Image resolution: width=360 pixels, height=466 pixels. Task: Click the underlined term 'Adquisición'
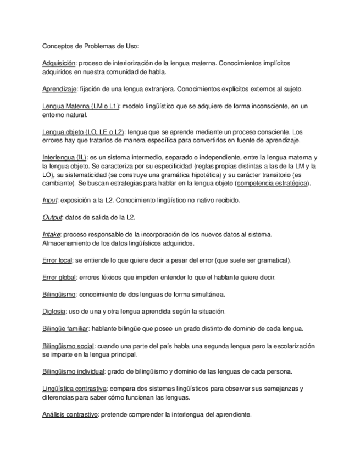coord(59,64)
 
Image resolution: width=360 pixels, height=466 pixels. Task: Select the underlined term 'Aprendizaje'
coord(59,89)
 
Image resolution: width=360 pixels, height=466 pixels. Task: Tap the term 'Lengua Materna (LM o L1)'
coord(81,106)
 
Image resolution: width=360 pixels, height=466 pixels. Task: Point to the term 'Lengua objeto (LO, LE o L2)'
coord(83,132)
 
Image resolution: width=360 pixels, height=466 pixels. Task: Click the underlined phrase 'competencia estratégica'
coord(272,183)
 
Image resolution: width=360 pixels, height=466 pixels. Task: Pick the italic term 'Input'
coord(49,200)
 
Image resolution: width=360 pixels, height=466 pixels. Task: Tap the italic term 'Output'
coord(52,217)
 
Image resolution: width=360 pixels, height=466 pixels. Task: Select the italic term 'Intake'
coord(51,234)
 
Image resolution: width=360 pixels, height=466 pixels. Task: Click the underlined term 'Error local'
coord(57,260)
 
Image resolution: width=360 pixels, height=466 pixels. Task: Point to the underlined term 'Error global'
coord(59,277)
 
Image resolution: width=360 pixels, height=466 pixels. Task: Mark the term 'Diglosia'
coord(54,311)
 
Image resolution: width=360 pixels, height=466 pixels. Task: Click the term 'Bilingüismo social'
coord(68,346)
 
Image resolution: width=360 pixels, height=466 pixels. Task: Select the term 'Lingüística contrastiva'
coord(74,389)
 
